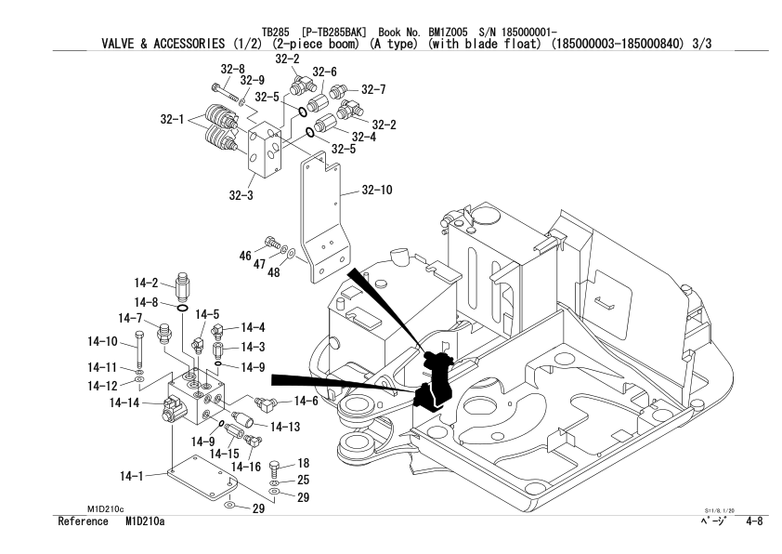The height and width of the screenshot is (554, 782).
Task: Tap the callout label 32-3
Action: [x=243, y=195]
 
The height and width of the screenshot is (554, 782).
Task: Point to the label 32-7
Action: [x=373, y=90]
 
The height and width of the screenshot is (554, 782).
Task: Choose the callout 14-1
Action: [x=134, y=476]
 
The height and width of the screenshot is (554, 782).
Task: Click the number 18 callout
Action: [x=303, y=463]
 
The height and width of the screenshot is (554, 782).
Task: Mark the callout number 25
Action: [x=303, y=481]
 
